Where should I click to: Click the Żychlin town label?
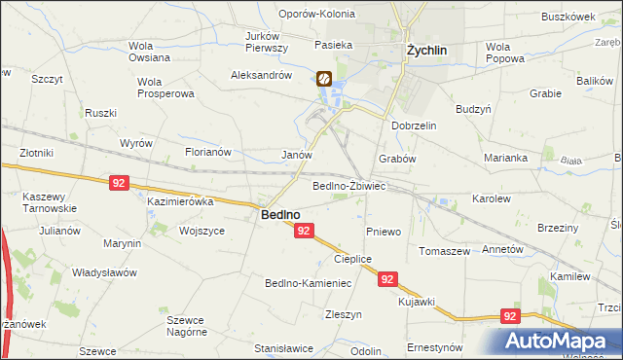(426, 52)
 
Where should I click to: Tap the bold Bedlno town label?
(279, 215)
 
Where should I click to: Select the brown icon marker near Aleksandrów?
(325, 80)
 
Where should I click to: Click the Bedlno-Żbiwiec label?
(349, 186)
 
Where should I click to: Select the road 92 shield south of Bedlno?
(304, 231)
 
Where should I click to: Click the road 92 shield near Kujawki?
(388, 279)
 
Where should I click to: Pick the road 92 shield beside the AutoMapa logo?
(511, 316)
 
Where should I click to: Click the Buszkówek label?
(568, 18)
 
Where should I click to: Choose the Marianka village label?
(505, 158)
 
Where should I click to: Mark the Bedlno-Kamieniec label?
(308, 283)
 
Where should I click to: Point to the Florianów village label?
(207, 152)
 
